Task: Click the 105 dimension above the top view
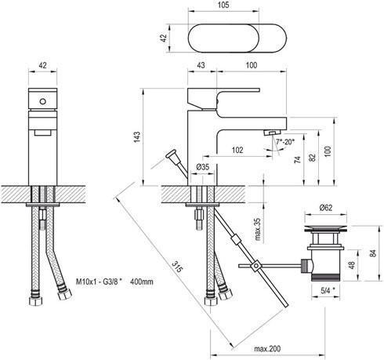pyautogui.click(x=223, y=5)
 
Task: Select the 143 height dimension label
pyautogui.click(x=137, y=137)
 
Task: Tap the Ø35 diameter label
pyautogui.click(x=203, y=166)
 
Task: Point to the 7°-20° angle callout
pyautogui.click(x=285, y=142)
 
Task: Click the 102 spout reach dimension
pyautogui.click(x=237, y=150)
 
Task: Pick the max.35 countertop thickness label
pyautogui.click(x=258, y=229)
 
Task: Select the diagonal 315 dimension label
pyautogui.click(x=176, y=267)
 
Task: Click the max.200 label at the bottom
pyautogui.click(x=267, y=349)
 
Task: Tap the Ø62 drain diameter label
pyautogui.click(x=326, y=208)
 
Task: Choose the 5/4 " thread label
pyautogui.click(x=328, y=291)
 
